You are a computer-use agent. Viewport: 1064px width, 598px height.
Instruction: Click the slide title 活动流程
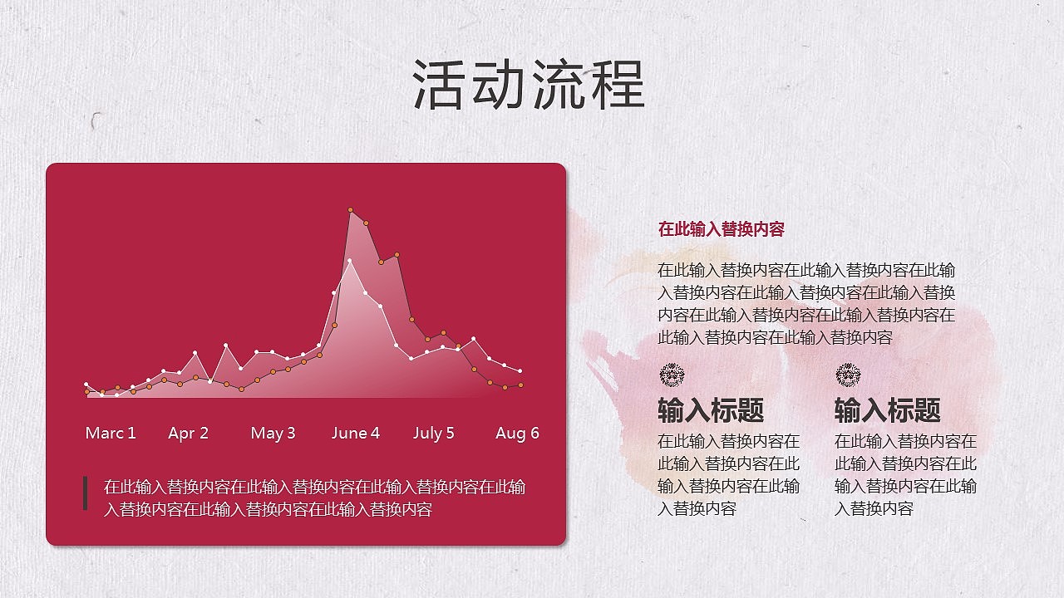529,85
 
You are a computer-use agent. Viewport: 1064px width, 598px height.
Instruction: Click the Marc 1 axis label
111,433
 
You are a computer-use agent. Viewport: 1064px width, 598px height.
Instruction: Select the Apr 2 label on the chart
188,433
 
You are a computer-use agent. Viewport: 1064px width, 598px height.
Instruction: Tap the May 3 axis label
273,433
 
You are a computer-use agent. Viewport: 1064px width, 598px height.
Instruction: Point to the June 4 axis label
355,433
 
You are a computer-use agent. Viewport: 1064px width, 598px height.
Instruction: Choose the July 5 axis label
434,433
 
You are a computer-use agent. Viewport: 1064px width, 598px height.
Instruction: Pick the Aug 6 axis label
517,433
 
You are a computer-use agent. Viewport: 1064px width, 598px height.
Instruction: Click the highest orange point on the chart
351,210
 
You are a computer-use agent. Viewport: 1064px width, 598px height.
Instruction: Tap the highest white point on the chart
350,262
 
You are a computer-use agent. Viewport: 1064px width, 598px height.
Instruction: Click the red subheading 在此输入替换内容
721,229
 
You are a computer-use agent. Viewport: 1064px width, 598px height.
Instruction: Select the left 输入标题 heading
711,410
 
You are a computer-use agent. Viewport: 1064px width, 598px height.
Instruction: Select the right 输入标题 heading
887,410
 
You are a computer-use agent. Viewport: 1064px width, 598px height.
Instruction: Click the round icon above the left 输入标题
671,375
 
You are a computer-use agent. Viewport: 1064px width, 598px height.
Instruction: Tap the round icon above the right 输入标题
848,375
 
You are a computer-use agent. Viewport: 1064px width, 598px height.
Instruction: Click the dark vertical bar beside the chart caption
85,493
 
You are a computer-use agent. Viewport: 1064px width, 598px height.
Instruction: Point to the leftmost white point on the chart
86,385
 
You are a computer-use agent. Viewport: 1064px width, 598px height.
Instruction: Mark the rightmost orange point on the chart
520,385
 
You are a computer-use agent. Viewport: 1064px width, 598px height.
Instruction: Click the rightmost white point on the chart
520,371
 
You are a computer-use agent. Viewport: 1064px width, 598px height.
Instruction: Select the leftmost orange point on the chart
87,391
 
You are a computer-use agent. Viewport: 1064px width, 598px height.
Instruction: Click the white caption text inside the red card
314,498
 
